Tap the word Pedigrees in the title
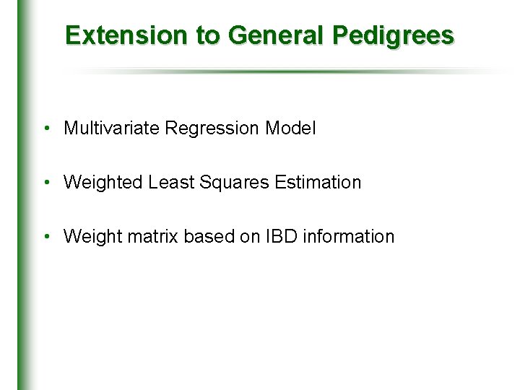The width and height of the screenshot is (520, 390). pyautogui.click(x=394, y=35)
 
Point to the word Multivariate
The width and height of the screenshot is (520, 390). pyautogui.click(x=112, y=129)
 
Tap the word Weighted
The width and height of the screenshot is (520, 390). pyautogui.click(x=103, y=183)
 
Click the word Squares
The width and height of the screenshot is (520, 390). pyautogui.click(x=231, y=183)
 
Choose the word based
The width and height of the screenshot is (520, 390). pyautogui.click(x=207, y=236)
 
